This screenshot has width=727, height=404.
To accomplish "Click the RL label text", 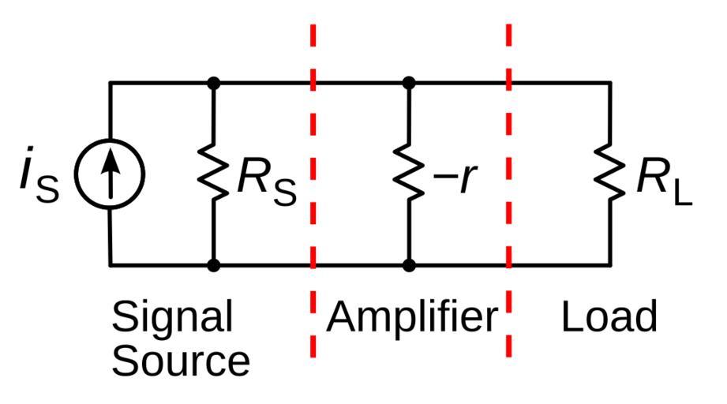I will pos(663,181).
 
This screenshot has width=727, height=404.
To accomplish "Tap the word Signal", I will pos(172,316).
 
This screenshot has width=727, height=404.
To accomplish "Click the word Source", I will pos(181,360).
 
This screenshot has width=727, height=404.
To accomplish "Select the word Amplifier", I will pos(412,316).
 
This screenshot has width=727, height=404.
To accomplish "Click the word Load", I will pos(609,316).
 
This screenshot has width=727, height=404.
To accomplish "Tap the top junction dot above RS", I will pos(213,82).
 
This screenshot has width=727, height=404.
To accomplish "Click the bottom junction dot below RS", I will pos(213,265).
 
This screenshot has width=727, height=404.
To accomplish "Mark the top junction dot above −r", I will pos(409,82).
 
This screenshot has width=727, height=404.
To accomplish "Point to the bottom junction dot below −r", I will pos(409,265).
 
